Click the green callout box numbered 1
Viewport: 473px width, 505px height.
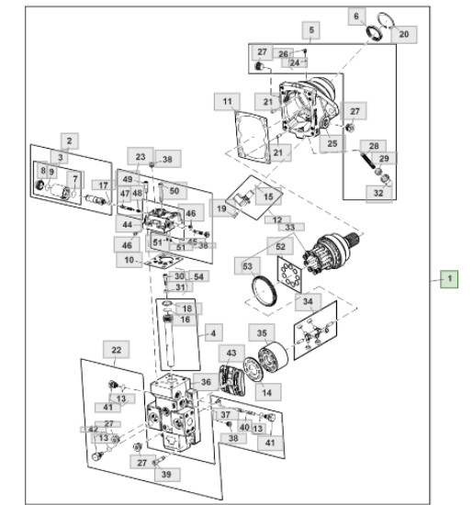[449, 279]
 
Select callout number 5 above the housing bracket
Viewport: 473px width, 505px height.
[311, 30]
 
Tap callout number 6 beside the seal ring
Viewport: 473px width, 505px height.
[356, 17]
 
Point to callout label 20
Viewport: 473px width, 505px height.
[404, 34]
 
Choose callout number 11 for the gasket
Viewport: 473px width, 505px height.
[227, 102]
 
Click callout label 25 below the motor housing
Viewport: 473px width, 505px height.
[332, 143]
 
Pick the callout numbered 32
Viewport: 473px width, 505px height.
[379, 193]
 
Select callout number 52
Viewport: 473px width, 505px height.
[280, 247]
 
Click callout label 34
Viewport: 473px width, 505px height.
[308, 302]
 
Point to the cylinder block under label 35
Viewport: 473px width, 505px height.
[273, 356]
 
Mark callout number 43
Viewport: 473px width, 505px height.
[231, 353]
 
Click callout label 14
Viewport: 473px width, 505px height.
[267, 392]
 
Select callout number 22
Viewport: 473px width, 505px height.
[117, 350]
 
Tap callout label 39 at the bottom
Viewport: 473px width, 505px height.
[167, 474]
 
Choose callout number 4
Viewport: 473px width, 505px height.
[213, 333]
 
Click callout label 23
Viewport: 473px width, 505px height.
[141, 157]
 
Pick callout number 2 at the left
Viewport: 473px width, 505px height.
[70, 141]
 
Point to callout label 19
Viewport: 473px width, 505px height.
[221, 208]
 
